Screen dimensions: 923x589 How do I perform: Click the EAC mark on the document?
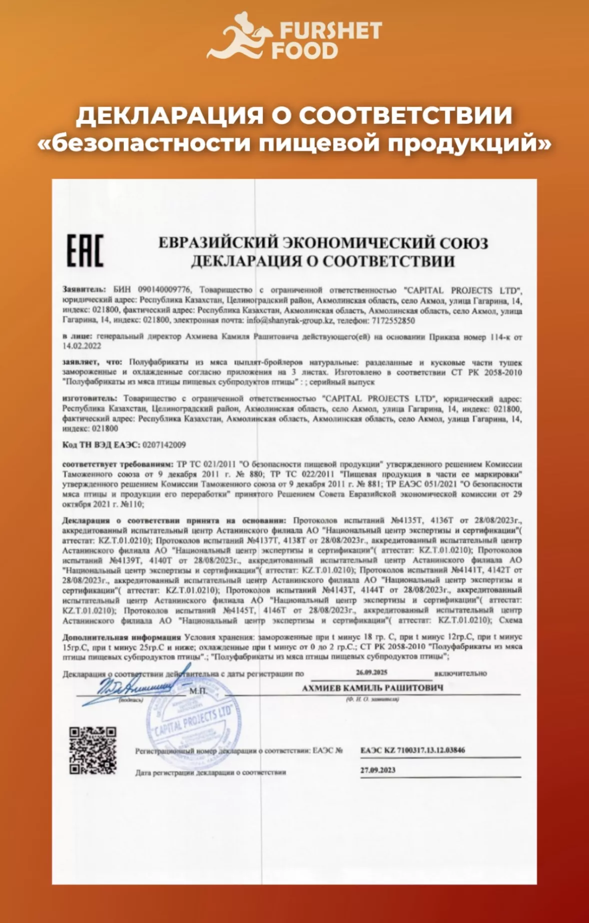[x=85, y=250]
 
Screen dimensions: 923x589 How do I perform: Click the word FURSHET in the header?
[x=330, y=31]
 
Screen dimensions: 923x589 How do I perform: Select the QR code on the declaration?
[x=93, y=751]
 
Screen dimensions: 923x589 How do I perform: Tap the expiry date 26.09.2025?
[x=372, y=672]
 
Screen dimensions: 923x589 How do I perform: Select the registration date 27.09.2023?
[x=378, y=770]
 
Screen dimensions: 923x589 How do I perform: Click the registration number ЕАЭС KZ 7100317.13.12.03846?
[x=413, y=750]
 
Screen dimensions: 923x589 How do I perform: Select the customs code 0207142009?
[x=164, y=445]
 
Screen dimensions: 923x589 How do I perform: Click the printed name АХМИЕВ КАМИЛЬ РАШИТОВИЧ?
[x=372, y=688]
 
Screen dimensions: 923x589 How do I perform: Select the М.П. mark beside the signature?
[x=198, y=691]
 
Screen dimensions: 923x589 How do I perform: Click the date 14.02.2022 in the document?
[x=82, y=346]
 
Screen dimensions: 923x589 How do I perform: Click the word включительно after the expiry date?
[x=460, y=673]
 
